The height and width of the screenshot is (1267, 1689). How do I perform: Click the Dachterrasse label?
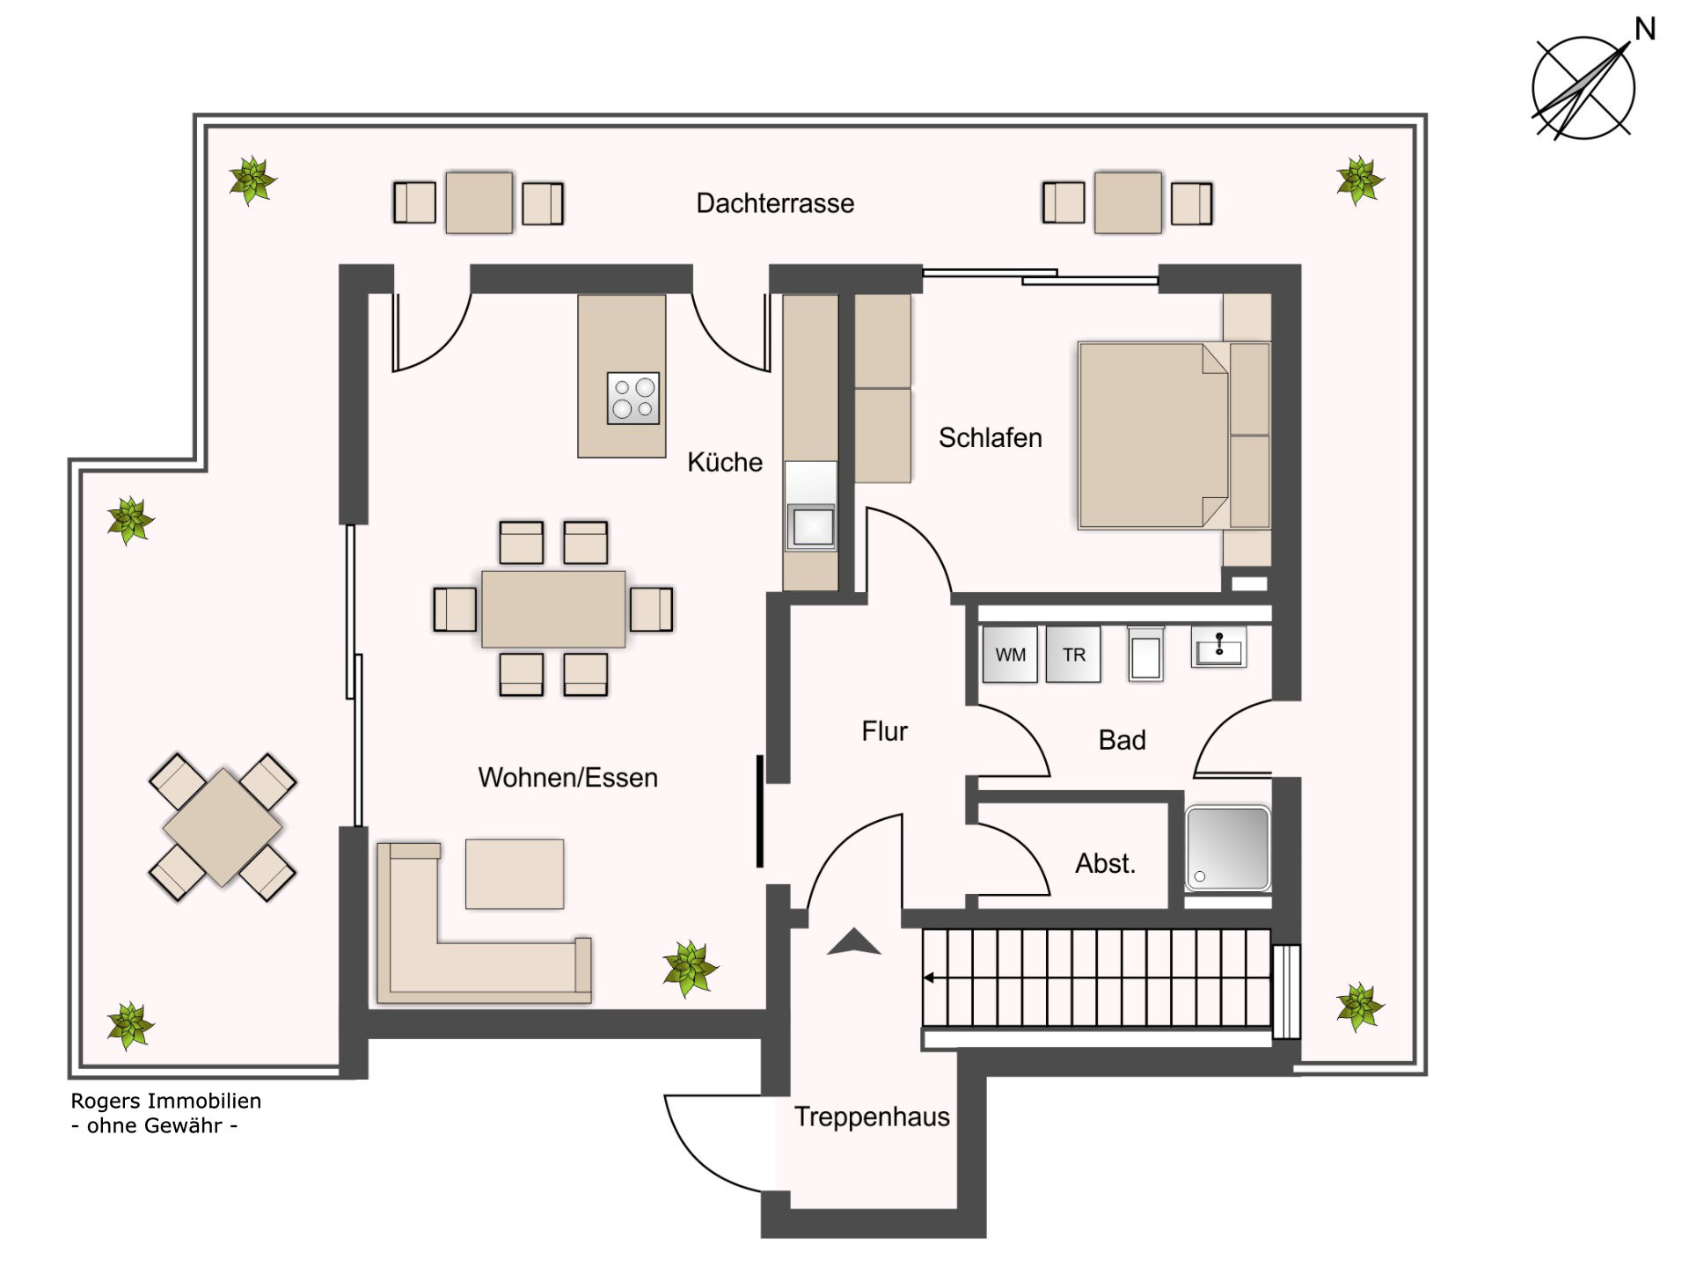pos(775,203)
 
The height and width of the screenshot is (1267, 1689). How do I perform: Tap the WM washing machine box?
pos(1010,654)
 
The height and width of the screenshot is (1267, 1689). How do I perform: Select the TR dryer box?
pos(1073,654)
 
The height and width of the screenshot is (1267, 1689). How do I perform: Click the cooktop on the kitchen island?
pos(633,398)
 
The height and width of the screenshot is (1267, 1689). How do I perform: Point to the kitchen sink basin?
pos(811,526)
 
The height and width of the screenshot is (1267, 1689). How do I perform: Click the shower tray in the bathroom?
pos(1227,848)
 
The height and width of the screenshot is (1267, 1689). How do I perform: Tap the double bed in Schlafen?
pos(1152,436)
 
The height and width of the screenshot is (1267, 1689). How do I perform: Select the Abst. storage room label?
pos(1105,863)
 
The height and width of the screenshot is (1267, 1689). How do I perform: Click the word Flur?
pos(884,731)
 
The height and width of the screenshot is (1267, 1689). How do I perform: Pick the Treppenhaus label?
pos(872,1117)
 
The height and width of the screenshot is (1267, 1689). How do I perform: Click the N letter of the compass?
pos(1645,30)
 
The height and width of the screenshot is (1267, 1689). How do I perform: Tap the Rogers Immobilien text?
pos(165,1101)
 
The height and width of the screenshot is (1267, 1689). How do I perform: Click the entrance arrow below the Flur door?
pos(853,942)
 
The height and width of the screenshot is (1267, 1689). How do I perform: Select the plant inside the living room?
pos(690,968)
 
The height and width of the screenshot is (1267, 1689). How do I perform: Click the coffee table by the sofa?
pos(515,874)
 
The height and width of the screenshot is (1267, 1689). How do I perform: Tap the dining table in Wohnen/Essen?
pos(553,609)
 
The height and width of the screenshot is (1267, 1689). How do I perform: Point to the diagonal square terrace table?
pos(223,827)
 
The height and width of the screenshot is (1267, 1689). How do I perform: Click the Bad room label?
pos(1122,740)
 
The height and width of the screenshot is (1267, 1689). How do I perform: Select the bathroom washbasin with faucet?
pos(1218,648)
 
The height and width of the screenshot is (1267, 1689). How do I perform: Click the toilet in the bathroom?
pos(1145,654)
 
